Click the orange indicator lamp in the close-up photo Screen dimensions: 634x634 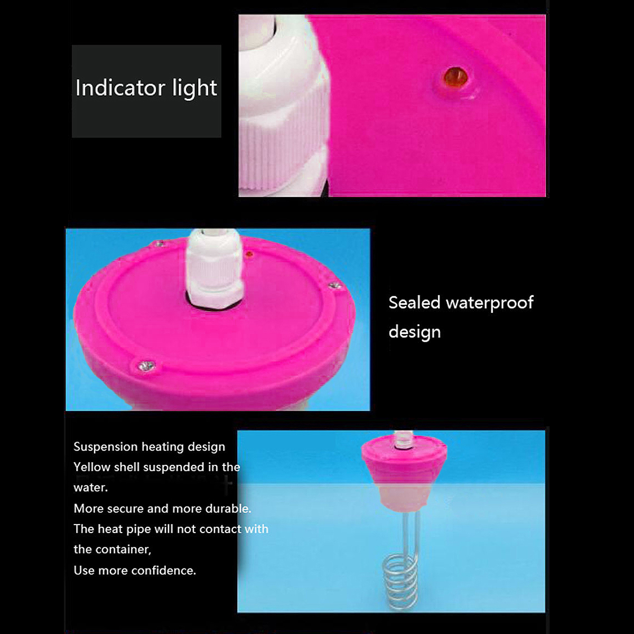tap(455, 76)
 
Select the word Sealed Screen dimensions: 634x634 tap(414, 303)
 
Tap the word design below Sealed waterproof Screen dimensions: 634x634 tap(415, 332)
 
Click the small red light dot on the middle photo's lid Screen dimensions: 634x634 tap(249, 254)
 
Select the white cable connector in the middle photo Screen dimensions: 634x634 tap(214, 268)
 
